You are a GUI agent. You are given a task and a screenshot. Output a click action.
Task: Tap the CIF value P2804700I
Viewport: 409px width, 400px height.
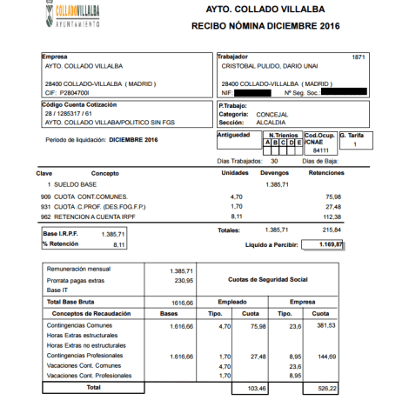pyautogui.click(x=74, y=91)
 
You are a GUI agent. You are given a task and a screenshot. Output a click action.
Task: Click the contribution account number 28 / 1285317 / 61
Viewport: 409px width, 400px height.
pyautogui.click(x=67, y=115)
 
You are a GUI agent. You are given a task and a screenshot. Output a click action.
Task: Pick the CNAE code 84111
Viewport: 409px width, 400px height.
pyautogui.click(x=321, y=150)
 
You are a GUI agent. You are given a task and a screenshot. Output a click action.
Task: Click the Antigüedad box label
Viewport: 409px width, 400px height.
pyautogui.click(x=233, y=136)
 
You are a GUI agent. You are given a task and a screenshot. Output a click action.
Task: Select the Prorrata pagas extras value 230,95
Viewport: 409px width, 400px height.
pyautogui.click(x=180, y=281)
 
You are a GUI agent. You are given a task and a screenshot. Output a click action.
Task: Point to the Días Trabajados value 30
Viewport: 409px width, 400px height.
pyautogui.click(x=275, y=161)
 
